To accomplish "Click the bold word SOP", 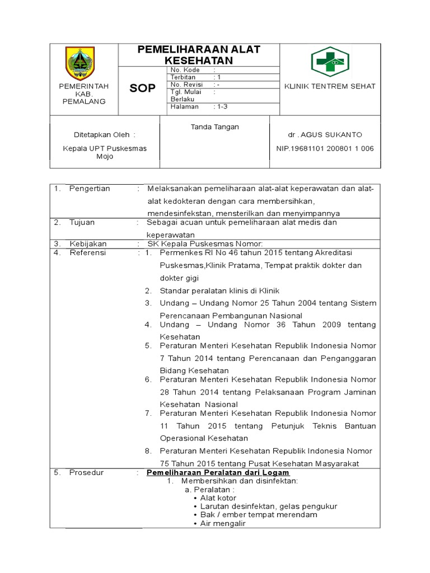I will tap(143, 88).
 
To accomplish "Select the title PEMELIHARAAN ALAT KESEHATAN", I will tap(199, 54).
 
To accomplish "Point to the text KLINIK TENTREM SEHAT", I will tap(330, 86).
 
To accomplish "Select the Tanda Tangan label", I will tap(215, 127).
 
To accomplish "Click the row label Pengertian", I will tap(90, 189).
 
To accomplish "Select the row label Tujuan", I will tap(82, 222).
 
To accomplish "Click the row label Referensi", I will tap(87, 253).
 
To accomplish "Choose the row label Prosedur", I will tap(86, 473).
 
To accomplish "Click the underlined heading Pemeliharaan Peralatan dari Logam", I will tap(218, 473).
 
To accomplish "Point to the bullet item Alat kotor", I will tap(218, 498).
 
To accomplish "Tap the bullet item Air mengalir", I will tap(223, 524).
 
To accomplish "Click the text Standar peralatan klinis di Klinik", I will tap(219, 291).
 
